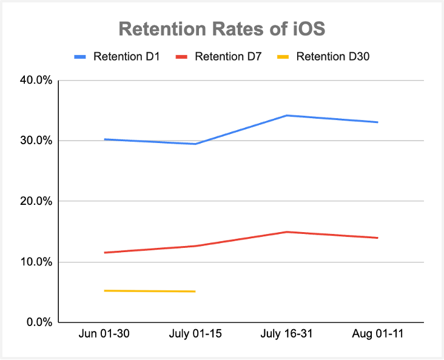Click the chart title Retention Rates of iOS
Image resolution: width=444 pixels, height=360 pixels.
coord(221,30)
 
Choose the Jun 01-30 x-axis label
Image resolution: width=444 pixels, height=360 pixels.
coord(104,335)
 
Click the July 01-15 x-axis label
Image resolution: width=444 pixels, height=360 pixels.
coord(195,335)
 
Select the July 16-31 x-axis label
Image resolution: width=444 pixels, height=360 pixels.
coord(286,335)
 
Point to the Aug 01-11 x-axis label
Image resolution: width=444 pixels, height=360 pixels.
coord(377,335)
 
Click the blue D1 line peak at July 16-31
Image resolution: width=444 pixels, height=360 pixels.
coord(286,115)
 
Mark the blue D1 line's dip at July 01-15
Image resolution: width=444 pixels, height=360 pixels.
coord(195,144)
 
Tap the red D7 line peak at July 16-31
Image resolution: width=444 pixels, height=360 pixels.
coord(286,232)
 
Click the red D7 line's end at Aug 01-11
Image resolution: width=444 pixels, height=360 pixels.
coord(378,238)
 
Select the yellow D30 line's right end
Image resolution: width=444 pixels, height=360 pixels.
coord(195,292)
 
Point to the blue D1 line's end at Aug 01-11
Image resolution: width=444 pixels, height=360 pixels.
coord(378,122)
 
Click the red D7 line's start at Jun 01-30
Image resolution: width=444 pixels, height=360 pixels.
coord(104,253)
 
